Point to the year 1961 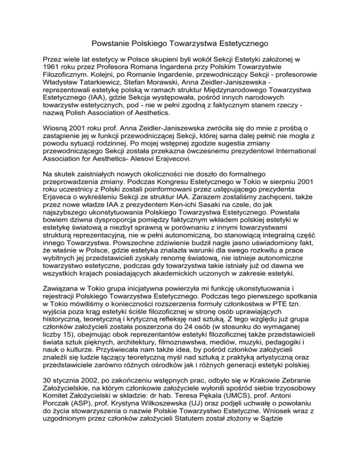(66, 69)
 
